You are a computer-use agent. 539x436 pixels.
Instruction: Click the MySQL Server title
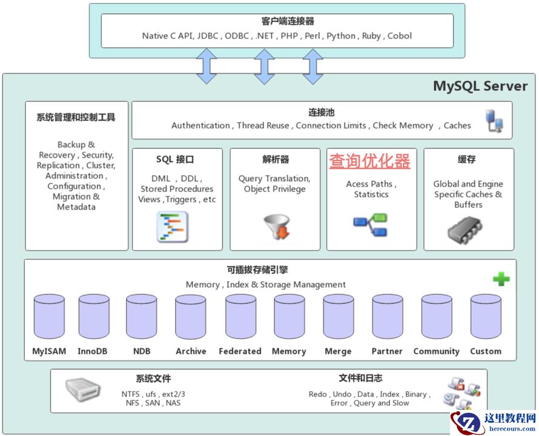[480, 86]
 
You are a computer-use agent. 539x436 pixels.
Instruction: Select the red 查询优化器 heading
[369, 161]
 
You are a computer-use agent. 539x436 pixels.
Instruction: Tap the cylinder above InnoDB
[94, 317]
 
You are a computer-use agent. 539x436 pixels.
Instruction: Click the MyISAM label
[50, 351]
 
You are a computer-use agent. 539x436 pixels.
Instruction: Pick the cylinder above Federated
[240, 317]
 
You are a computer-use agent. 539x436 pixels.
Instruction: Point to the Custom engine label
[486, 351]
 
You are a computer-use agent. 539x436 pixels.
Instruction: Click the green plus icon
[501, 279]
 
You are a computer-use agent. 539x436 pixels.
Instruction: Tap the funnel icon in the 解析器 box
[276, 228]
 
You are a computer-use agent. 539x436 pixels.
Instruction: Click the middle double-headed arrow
[264, 66]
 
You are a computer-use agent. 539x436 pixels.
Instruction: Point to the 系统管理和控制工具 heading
[76, 117]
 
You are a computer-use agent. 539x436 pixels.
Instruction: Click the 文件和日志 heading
[360, 378]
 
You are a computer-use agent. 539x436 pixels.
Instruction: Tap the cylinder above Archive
[191, 317]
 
